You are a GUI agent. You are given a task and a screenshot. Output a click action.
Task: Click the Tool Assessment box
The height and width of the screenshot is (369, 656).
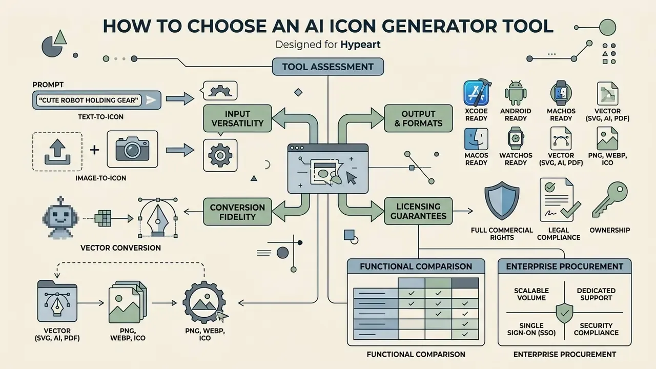327,67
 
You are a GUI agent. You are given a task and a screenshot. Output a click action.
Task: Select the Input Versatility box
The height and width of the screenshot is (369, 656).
237,118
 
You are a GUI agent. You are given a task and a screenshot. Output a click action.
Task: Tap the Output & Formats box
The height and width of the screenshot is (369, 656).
418,118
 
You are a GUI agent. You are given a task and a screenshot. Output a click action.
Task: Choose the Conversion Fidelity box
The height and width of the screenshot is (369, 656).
237,212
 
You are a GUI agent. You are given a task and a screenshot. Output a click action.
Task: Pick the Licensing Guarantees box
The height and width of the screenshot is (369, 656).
418,211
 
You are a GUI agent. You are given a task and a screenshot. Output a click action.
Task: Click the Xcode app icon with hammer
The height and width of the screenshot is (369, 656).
477,93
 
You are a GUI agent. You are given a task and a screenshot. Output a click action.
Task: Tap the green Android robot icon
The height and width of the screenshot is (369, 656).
516,93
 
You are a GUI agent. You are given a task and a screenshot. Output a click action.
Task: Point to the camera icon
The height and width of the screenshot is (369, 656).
132,149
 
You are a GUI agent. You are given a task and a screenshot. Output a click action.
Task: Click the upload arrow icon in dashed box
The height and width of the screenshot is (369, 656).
57,152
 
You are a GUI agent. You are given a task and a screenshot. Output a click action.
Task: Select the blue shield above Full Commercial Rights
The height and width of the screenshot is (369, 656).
502,200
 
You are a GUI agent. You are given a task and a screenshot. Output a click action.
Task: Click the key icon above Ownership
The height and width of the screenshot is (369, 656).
609,199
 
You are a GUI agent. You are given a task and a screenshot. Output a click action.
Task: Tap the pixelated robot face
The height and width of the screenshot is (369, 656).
60,217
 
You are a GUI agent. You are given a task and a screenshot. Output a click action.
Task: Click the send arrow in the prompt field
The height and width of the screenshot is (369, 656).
151,100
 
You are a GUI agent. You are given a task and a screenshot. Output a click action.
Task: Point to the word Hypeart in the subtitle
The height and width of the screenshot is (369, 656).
360,45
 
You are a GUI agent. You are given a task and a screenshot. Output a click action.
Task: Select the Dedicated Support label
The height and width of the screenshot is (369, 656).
596,294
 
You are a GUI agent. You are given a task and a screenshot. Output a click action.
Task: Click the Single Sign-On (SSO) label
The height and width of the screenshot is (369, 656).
531,329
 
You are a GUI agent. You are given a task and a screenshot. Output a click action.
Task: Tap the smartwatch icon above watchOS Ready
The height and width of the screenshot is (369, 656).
516,138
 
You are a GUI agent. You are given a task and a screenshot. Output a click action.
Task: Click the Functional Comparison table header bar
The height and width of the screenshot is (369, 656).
416,266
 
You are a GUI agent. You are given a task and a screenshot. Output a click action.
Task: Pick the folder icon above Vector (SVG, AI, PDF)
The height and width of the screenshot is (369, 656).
57,301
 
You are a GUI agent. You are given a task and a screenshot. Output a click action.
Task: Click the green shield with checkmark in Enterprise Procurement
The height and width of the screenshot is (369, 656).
564,314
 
